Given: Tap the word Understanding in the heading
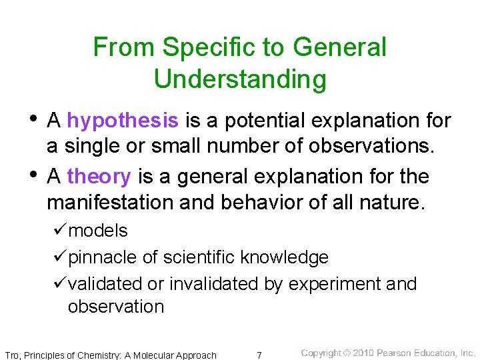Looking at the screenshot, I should (240, 79).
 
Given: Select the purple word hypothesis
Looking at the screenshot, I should (123, 121).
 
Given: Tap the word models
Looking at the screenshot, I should (98, 231).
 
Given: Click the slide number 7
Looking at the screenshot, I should (259, 355).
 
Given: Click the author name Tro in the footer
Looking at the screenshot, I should (12, 355).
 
